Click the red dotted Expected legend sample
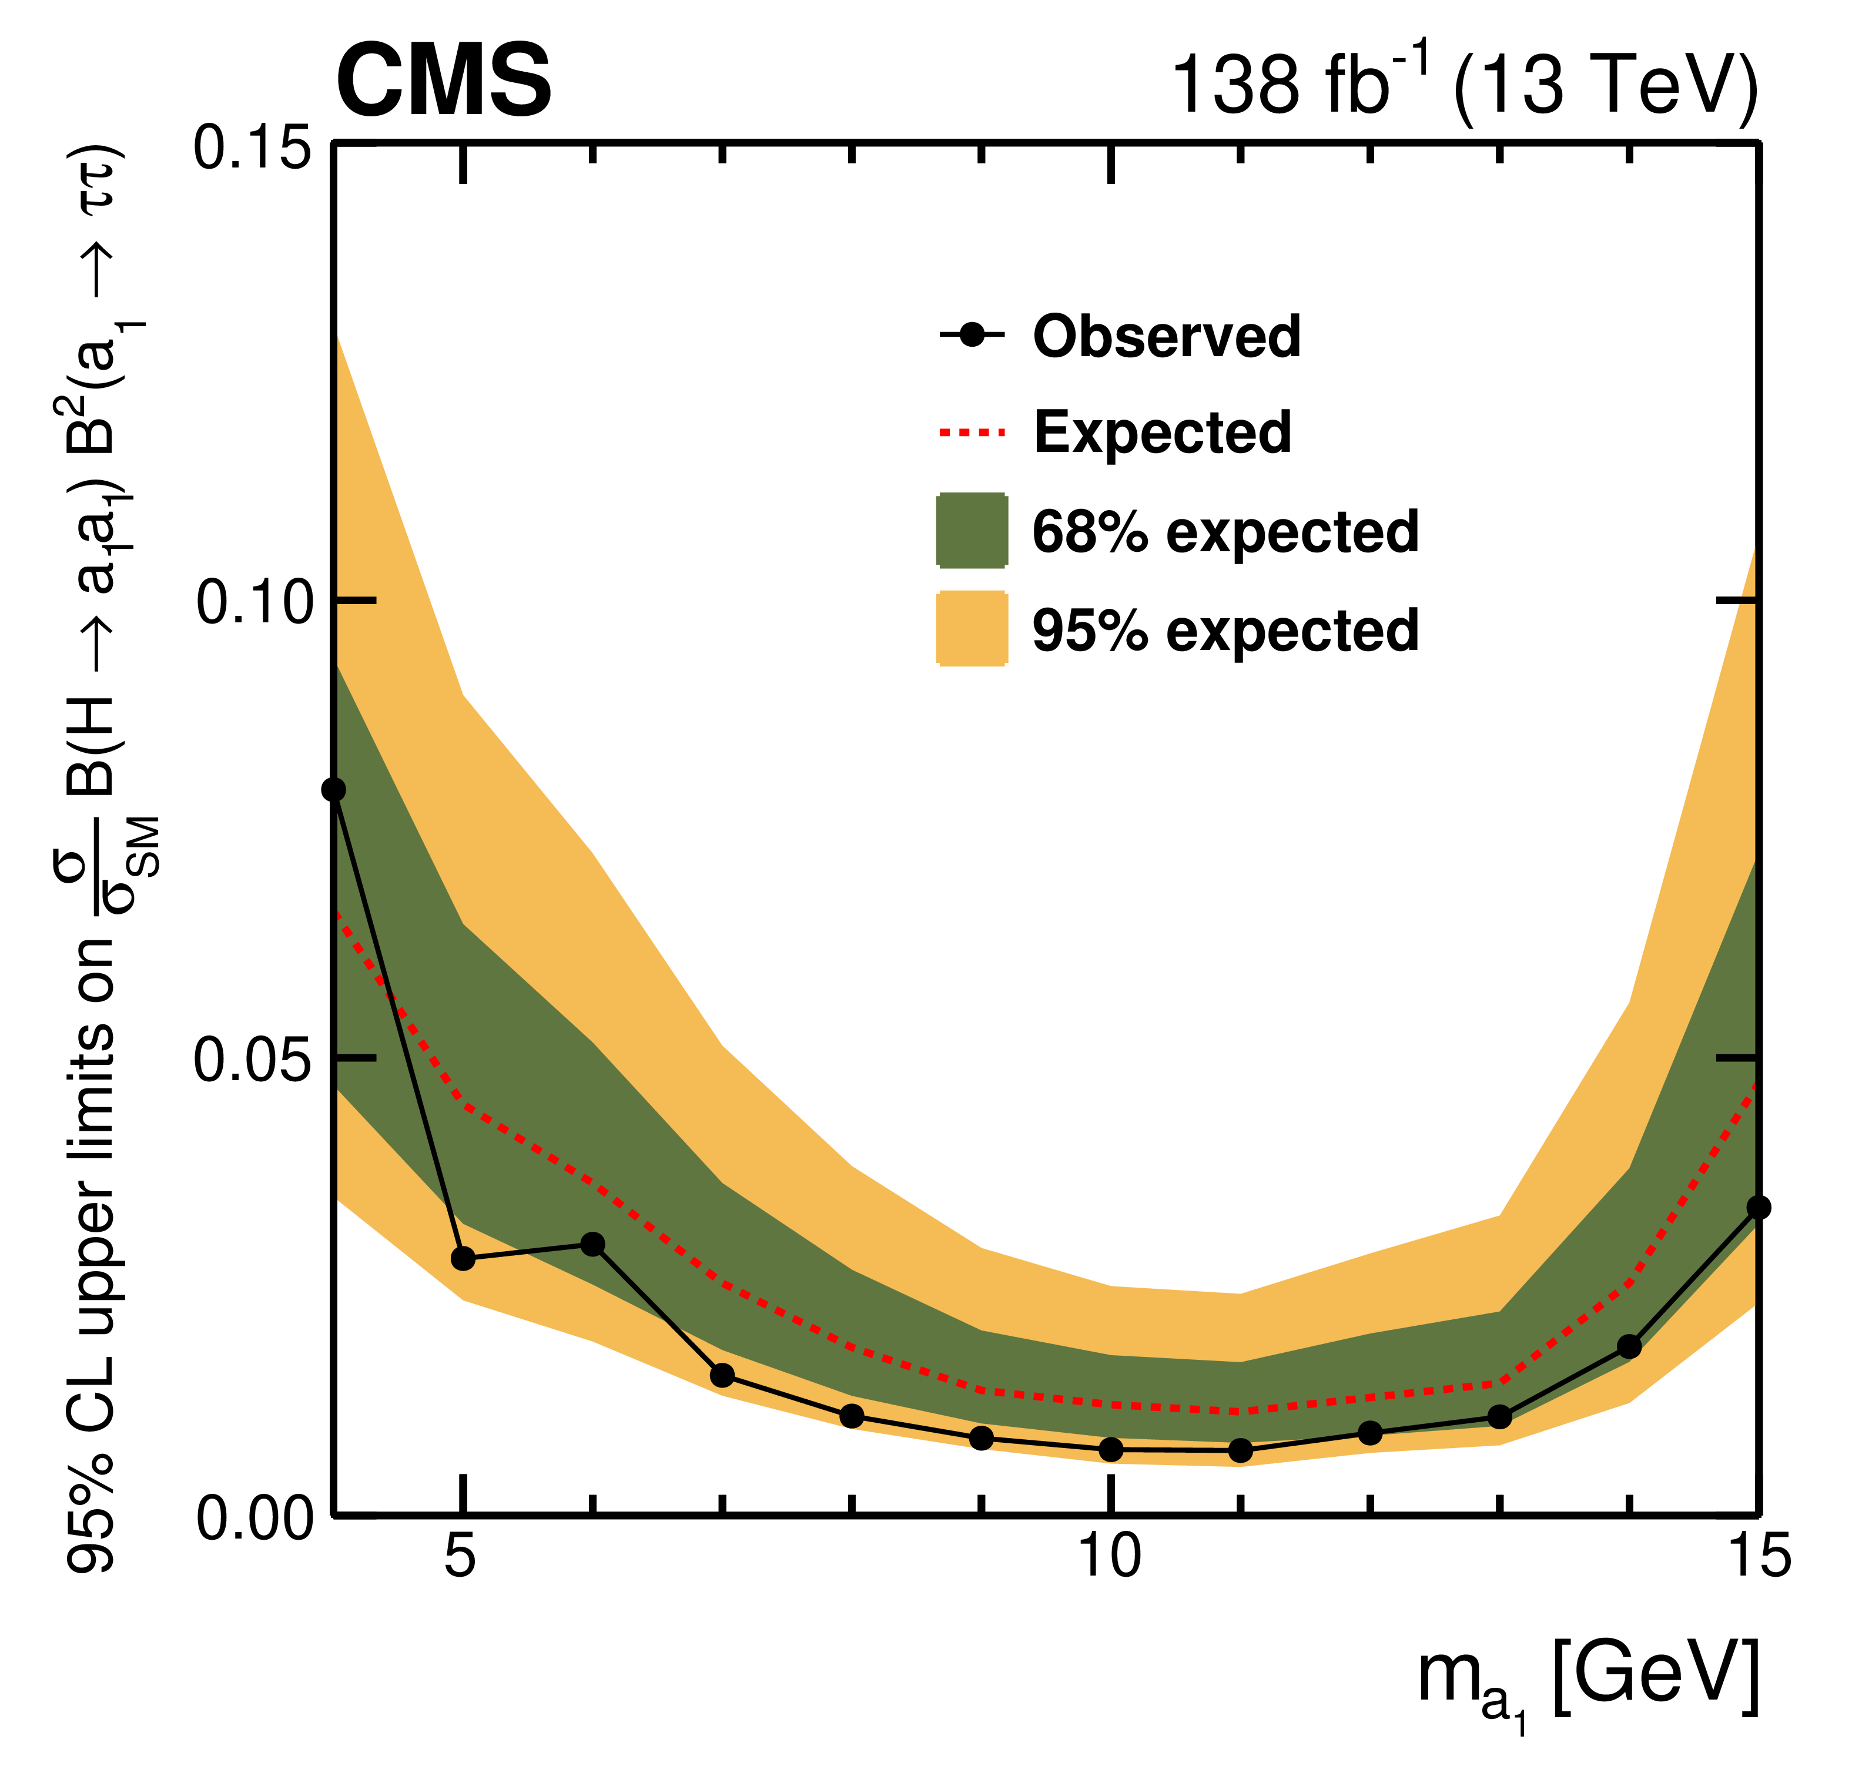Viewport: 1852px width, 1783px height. click(972, 433)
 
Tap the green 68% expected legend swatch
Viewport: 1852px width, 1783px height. click(972, 531)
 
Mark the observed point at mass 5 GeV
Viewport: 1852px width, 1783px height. click(463, 1259)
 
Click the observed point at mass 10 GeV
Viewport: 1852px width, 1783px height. click(1111, 1449)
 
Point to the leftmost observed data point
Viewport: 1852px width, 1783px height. click(334, 790)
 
